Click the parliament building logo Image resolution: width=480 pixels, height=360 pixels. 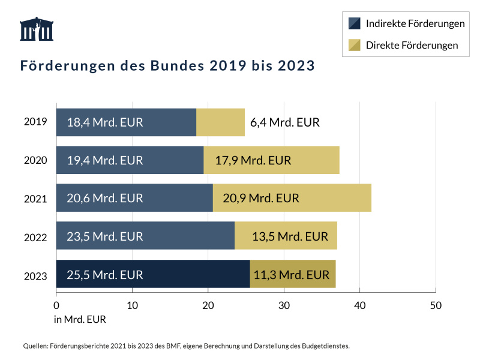37,29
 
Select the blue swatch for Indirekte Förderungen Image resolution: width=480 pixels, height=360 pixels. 355,23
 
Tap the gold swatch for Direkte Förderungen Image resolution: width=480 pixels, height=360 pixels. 355,45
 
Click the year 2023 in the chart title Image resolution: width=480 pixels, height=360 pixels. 296,65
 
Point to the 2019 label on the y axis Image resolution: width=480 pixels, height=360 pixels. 35,122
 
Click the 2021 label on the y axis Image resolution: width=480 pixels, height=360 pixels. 35,198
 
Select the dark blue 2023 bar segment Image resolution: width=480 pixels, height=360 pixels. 153,274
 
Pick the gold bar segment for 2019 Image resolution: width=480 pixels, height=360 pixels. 220,122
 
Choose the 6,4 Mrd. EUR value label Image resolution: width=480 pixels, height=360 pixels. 285,122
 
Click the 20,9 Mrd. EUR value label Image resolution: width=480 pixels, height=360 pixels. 261,198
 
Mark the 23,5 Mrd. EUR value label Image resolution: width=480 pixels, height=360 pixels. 105,236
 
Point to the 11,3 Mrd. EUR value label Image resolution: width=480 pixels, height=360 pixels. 292,275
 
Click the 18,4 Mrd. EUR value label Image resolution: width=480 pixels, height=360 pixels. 105,122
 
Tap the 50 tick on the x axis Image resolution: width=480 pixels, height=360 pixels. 436,305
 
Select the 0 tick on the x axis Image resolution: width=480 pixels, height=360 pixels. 56,305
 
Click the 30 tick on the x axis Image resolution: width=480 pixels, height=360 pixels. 284,305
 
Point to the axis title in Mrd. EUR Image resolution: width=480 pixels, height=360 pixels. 80,319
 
